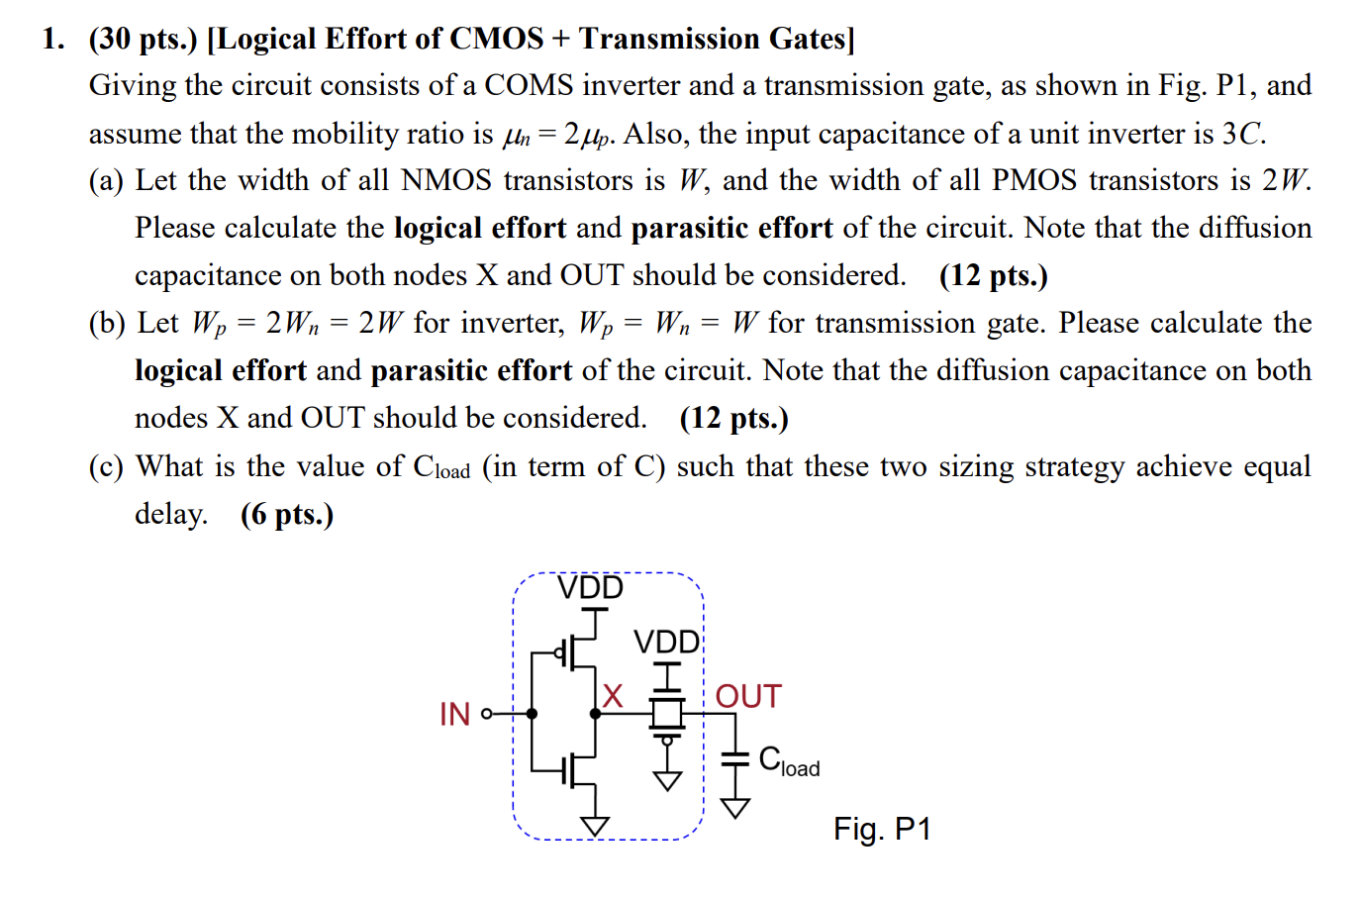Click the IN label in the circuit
(454, 714)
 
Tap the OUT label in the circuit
(748, 697)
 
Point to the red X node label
(613, 696)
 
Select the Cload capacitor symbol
(734, 758)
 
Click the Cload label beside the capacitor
(789, 760)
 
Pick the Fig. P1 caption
(882, 829)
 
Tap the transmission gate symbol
(668, 713)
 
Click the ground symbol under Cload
(734, 808)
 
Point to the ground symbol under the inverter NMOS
(595, 826)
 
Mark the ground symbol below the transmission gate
(668, 781)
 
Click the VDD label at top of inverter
(590, 588)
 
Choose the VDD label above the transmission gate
(666, 643)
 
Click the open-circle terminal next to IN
(486, 714)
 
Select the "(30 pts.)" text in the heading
(143, 39)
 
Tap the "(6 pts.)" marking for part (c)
(287, 514)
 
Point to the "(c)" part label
(106, 466)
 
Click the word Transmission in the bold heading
(668, 39)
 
